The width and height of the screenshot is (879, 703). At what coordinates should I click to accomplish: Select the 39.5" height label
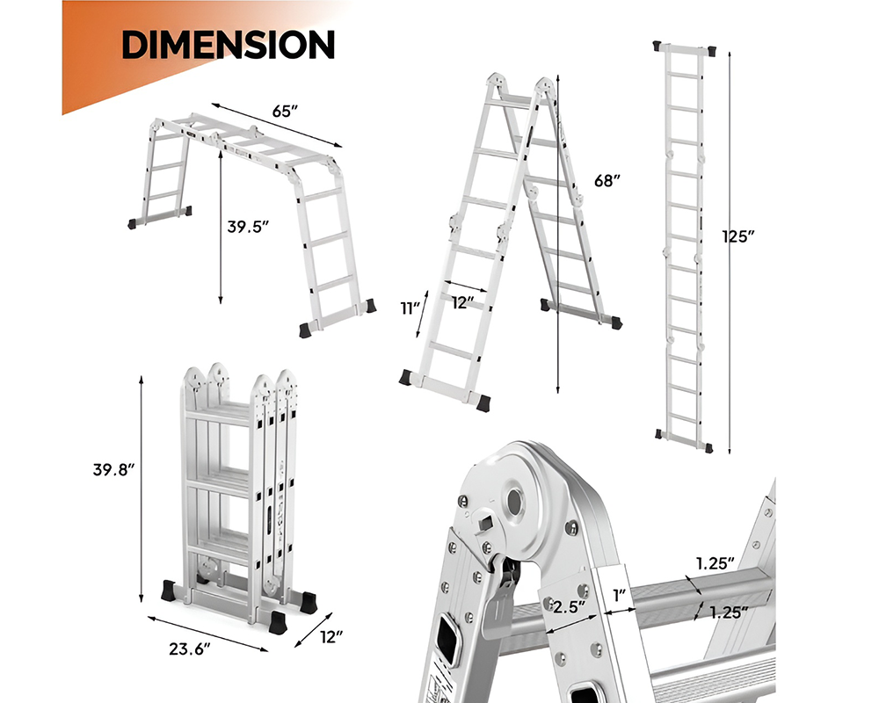point(247,226)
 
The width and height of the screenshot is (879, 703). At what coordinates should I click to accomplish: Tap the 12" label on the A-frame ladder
point(463,302)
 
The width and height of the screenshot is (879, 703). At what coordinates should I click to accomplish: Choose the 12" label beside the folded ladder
point(331,635)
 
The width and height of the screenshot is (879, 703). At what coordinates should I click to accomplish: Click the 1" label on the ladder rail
point(621,595)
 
